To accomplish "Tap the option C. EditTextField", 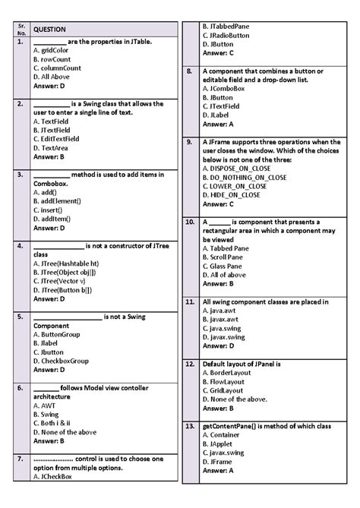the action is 57,139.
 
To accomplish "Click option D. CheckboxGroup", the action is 62,361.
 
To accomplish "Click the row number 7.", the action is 18,459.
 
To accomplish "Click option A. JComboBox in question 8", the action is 223,88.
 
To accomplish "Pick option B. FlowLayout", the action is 225,381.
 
